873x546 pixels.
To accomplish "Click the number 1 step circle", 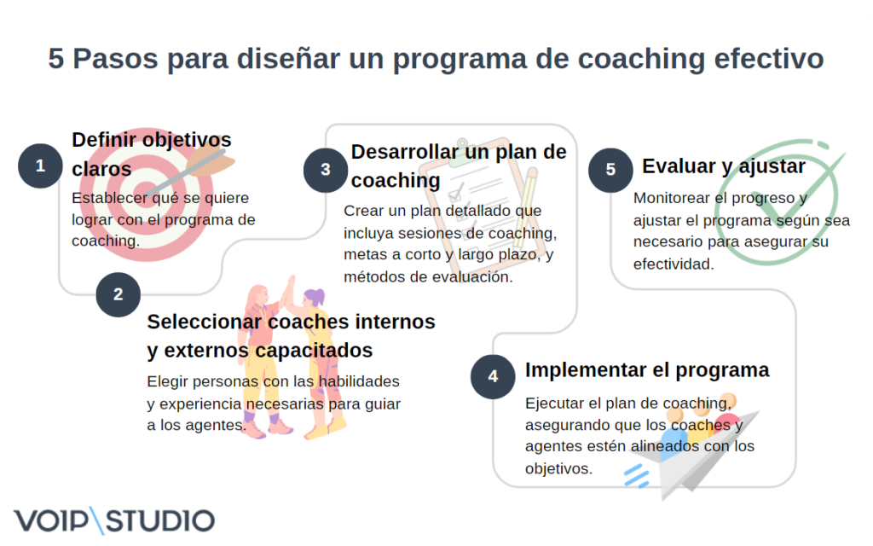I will coord(40,166).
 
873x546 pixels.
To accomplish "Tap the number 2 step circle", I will coord(118,295).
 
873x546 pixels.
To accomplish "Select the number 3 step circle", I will coord(326,169).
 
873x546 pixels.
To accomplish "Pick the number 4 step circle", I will coord(493,376).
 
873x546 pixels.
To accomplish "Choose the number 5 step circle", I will coord(610,169).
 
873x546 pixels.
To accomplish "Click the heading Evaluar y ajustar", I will coord(723,166).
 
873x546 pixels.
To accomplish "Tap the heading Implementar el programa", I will coord(647,370).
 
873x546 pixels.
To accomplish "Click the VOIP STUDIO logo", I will coord(114,520).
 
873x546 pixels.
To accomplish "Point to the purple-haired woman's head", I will coord(314,299).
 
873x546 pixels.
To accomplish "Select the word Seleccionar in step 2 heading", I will coord(205,322).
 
